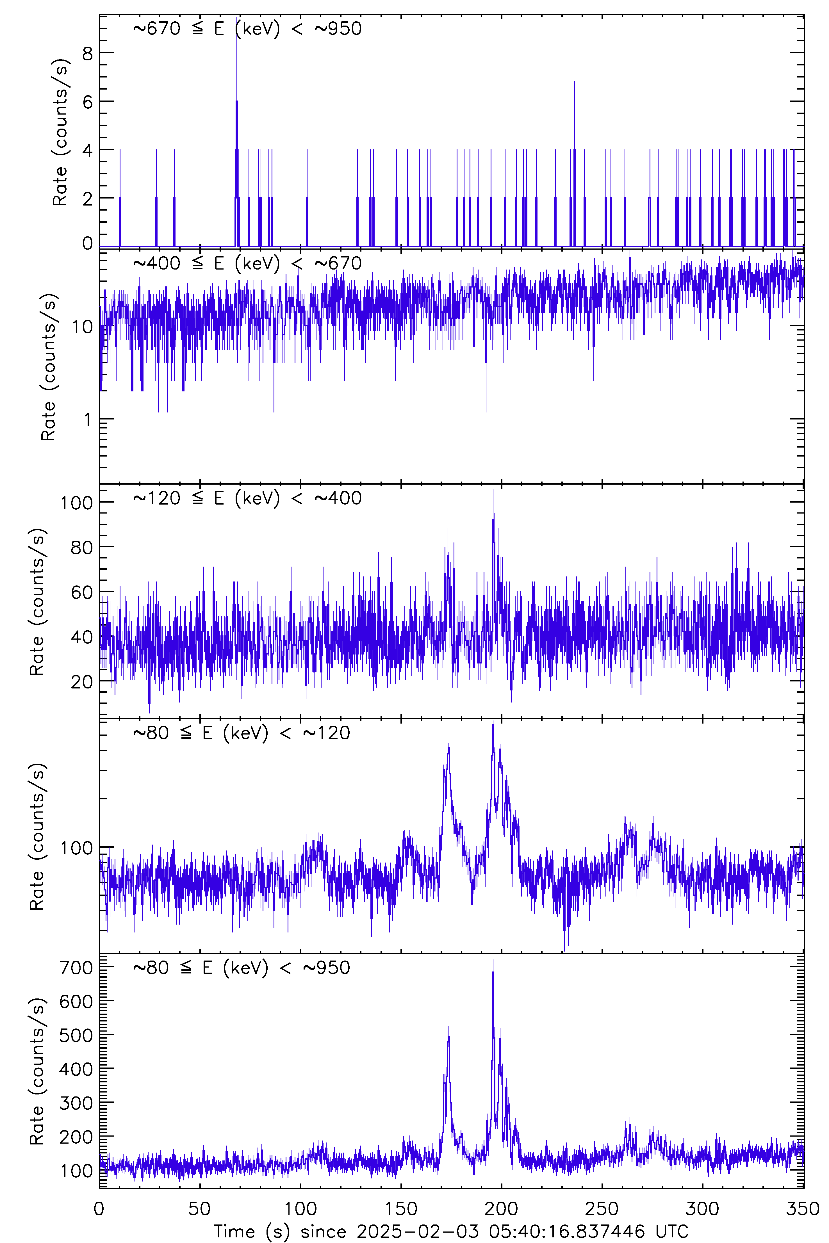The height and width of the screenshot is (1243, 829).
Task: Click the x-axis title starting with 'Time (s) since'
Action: pyautogui.click(x=450, y=1231)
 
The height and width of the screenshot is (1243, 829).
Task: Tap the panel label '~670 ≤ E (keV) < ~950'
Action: pyautogui.click(x=247, y=29)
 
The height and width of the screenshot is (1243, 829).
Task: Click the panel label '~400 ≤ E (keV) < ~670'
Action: pyautogui.click(x=247, y=263)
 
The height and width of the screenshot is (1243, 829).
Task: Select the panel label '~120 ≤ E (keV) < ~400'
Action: pyautogui.click(x=247, y=498)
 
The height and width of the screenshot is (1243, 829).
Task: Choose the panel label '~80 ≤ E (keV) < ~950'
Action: pyautogui.click(x=242, y=968)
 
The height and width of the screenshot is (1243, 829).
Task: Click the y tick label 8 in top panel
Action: pyautogui.click(x=87, y=53)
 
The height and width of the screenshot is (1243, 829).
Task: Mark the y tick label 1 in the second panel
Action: pyautogui.click(x=87, y=419)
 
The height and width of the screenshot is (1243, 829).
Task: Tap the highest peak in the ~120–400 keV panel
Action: pyautogui.click(x=493, y=491)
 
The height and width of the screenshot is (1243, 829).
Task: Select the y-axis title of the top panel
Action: pyautogui.click(x=60, y=132)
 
